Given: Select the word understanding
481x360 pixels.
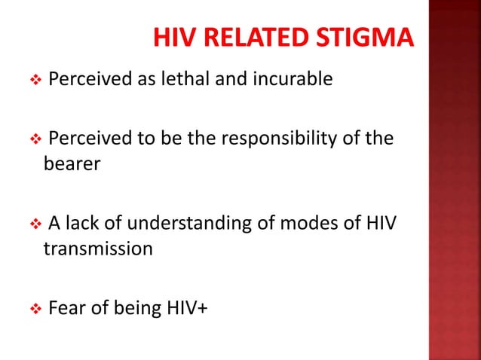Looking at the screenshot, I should pyautogui.click(x=199, y=224).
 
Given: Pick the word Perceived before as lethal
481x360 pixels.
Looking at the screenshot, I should pyautogui.click(x=84, y=78).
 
